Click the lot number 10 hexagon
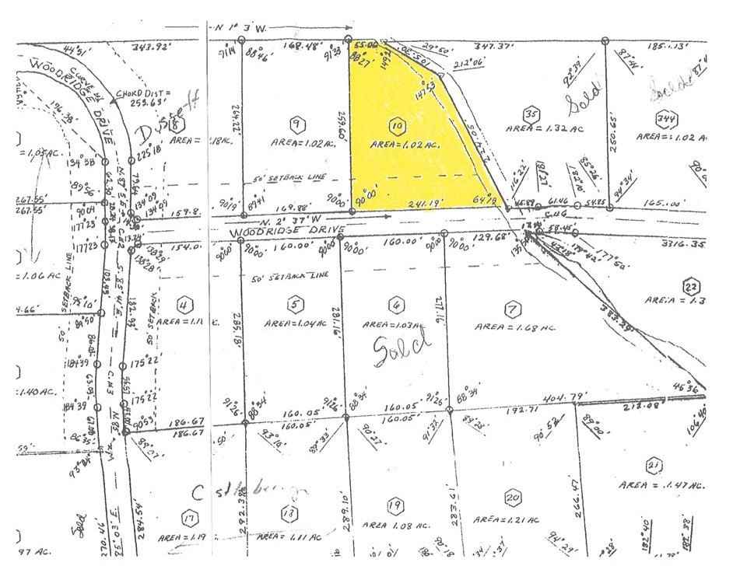click(398, 124)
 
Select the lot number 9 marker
click(295, 123)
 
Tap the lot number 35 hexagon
click(532, 112)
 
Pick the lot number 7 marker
click(511, 309)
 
